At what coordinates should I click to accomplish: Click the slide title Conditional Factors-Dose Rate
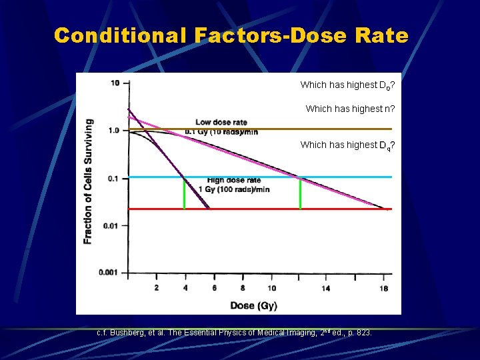(x=231, y=35)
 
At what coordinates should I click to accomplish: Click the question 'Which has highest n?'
(x=350, y=109)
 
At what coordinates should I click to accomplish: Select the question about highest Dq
(x=347, y=145)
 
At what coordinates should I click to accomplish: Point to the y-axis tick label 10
(x=115, y=83)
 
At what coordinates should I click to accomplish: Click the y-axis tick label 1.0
(x=113, y=131)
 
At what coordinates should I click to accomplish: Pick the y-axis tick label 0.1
(x=113, y=178)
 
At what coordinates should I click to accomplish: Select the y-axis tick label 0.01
(x=111, y=225)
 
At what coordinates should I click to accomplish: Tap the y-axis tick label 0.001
(x=109, y=273)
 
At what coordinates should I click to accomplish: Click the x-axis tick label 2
(x=156, y=288)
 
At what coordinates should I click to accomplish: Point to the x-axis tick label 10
(x=272, y=288)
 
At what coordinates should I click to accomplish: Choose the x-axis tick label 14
(x=326, y=288)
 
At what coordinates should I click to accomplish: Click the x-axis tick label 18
(x=384, y=288)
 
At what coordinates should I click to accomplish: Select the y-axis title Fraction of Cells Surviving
(x=88, y=181)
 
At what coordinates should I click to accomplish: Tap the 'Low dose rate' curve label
(x=221, y=123)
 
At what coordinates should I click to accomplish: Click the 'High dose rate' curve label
(x=234, y=181)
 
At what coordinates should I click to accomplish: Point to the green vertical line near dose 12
(x=300, y=193)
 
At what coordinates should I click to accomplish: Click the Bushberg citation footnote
(x=235, y=332)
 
